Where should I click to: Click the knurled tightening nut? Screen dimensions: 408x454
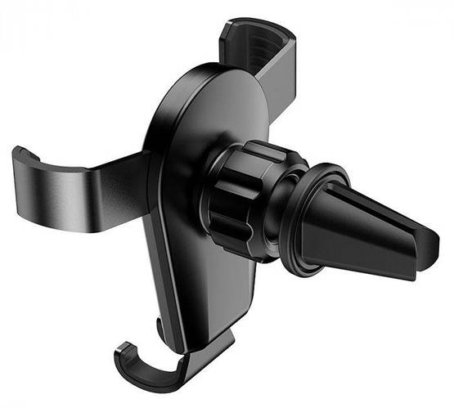pyautogui.click(x=241, y=196)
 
